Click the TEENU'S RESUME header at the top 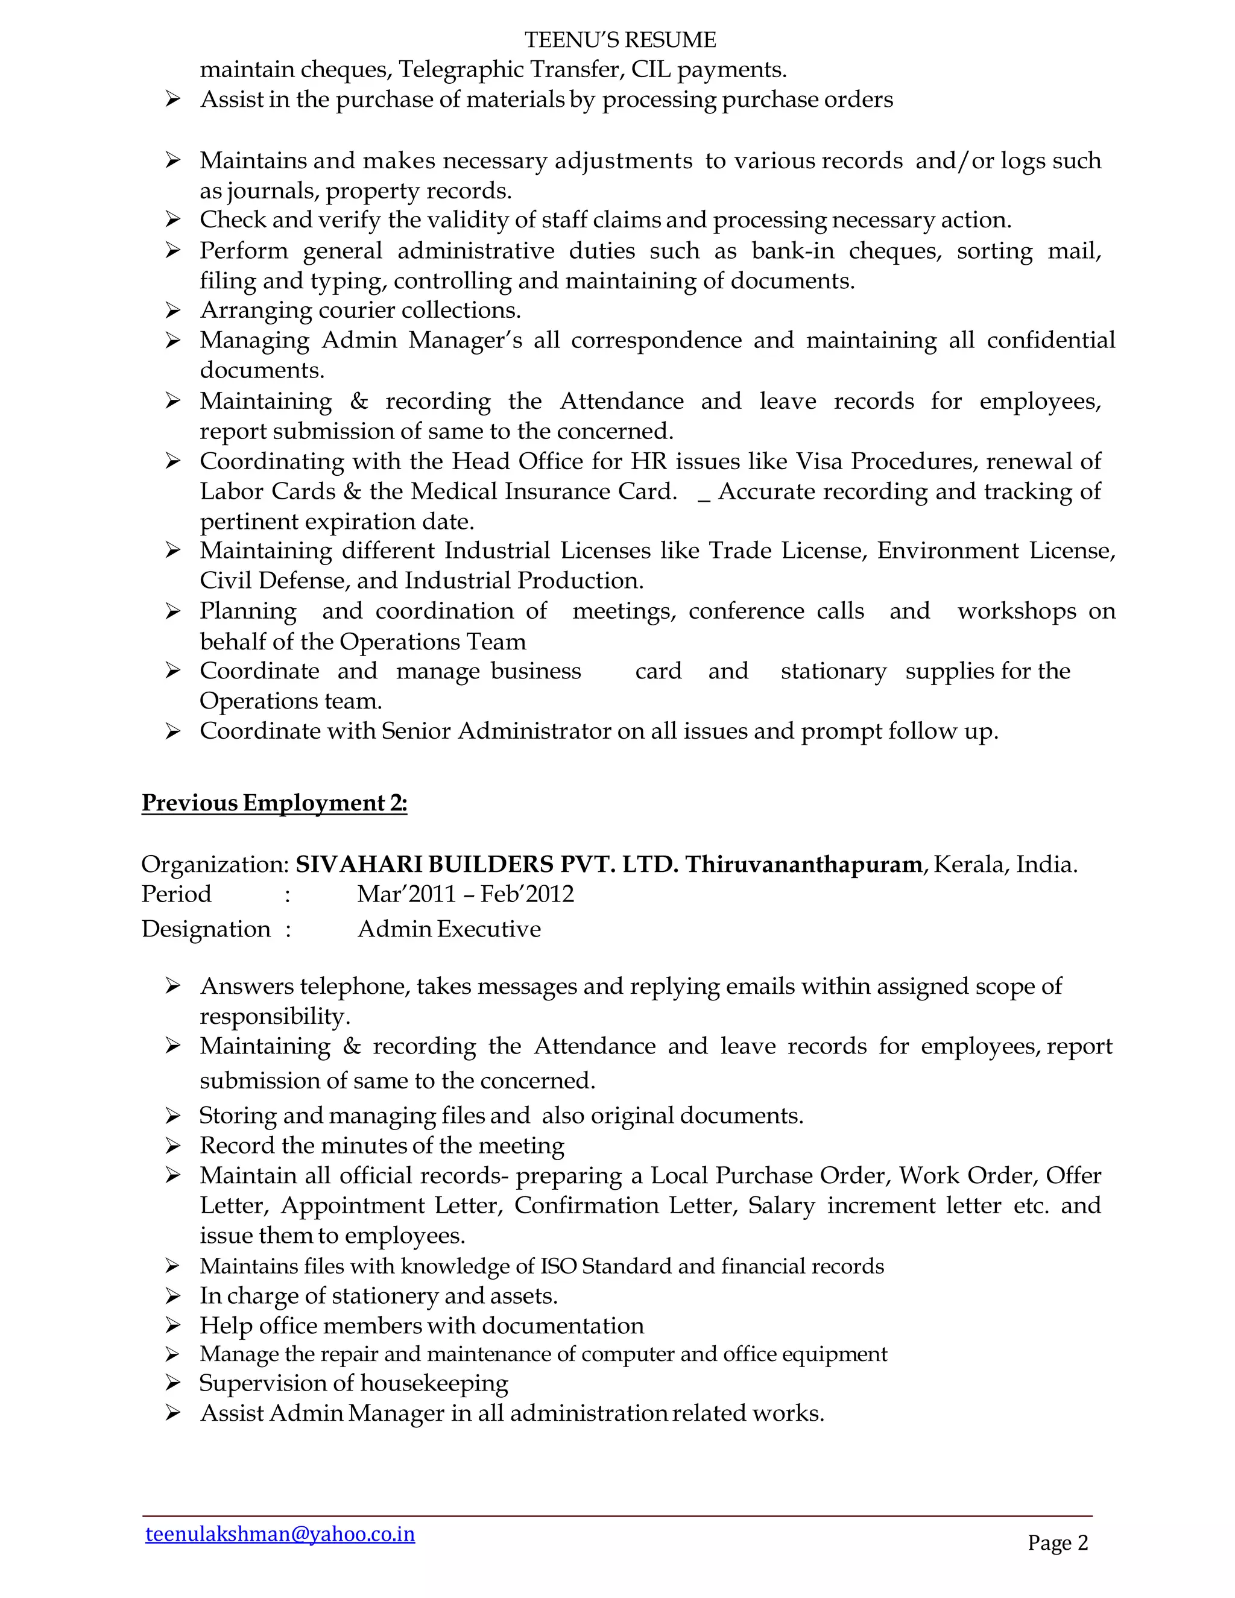(620, 40)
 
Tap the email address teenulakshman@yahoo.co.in (280, 1533)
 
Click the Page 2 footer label (1057, 1543)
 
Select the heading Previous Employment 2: (274, 803)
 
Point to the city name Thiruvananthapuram (803, 864)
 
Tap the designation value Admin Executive (449, 929)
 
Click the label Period (176, 894)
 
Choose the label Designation (206, 929)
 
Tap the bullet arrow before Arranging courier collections (172, 310)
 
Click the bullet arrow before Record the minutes (172, 1145)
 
